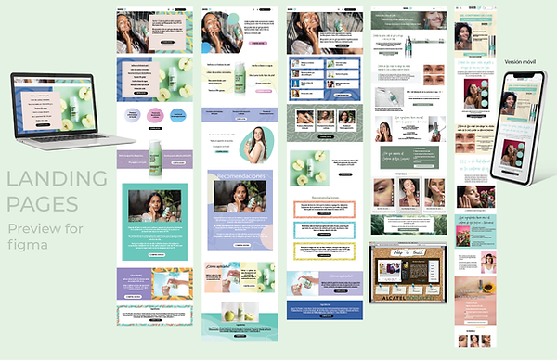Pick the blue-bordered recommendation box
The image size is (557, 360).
324,229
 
